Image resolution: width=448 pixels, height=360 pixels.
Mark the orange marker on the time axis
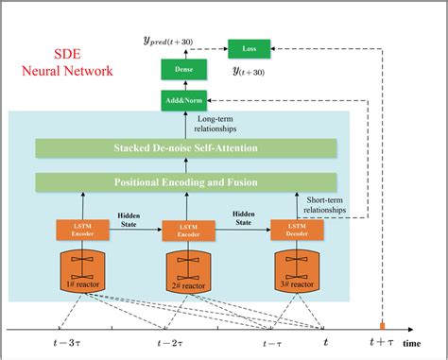coord(383,326)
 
